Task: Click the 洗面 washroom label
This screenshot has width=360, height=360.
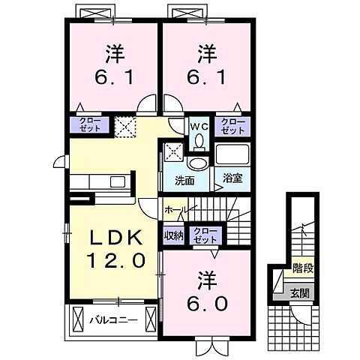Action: coord(184,181)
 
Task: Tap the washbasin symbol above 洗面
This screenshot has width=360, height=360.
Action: coord(198,163)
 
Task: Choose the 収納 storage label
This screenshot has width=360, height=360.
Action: coord(173,234)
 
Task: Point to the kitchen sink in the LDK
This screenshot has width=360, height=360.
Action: coord(118,181)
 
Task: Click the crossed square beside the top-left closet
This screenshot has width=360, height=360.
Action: coord(124,126)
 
